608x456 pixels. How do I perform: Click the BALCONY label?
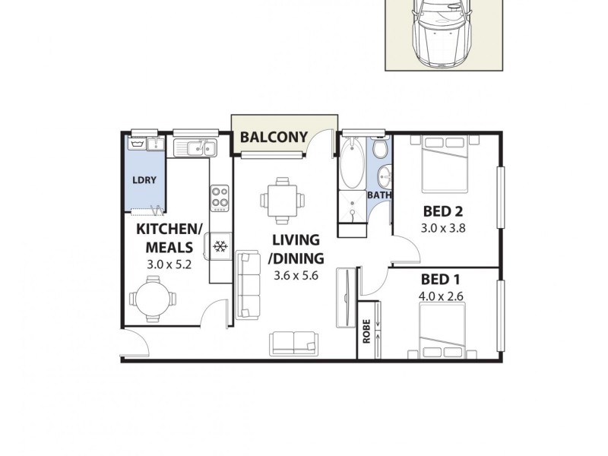[274, 138]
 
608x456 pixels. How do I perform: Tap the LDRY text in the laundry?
[144, 179]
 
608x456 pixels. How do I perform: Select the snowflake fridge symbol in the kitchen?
[220, 246]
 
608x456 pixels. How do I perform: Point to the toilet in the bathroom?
[379, 149]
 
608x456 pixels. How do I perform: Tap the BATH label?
[379, 195]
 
